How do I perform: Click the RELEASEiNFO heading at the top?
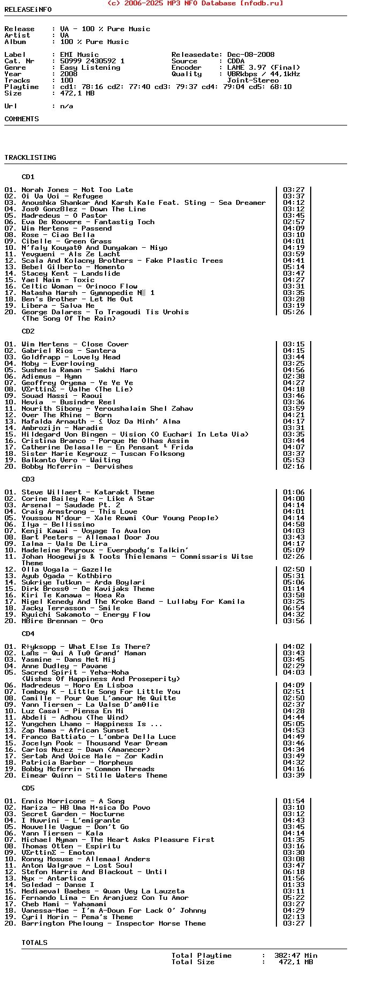click(x=28, y=10)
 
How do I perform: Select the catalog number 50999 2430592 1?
click(x=92, y=61)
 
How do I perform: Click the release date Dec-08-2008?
click(x=251, y=55)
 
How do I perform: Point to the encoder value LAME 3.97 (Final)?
click(x=264, y=68)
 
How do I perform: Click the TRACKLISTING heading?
click(x=30, y=158)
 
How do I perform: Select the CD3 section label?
click(x=28, y=479)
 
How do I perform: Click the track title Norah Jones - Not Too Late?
click(x=77, y=190)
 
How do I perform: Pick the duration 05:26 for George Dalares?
click(x=294, y=312)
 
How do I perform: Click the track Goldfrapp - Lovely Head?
click(x=71, y=357)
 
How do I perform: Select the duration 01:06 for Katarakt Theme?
click(x=294, y=492)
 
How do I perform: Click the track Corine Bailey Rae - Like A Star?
click(x=88, y=499)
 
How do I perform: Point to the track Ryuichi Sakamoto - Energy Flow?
click(x=86, y=615)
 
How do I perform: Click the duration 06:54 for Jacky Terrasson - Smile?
click(x=294, y=608)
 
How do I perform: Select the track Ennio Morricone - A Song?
click(x=73, y=801)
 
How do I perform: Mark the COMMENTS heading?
click(x=21, y=119)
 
